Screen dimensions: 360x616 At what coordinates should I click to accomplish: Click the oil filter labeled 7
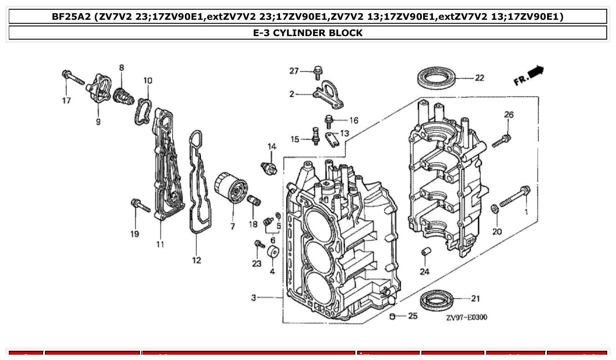click(230, 189)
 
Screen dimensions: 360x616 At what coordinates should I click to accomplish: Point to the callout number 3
click(254, 298)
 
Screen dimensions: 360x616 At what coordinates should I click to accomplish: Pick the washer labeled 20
click(494, 207)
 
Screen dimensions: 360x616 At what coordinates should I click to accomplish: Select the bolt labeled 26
click(501, 141)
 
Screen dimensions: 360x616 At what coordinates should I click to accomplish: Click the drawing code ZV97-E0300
click(466, 317)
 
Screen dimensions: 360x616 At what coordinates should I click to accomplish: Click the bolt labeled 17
click(73, 77)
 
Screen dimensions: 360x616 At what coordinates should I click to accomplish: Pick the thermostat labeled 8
click(123, 96)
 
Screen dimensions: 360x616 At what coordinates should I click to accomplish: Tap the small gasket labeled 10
click(144, 110)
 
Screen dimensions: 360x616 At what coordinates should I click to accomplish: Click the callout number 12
click(196, 260)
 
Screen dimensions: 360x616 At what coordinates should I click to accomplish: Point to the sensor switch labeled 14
click(269, 168)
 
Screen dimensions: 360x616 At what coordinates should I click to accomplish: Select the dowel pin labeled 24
click(425, 253)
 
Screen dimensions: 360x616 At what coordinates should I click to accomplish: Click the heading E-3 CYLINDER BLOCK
click(308, 33)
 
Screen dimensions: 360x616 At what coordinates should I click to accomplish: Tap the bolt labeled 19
click(140, 205)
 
